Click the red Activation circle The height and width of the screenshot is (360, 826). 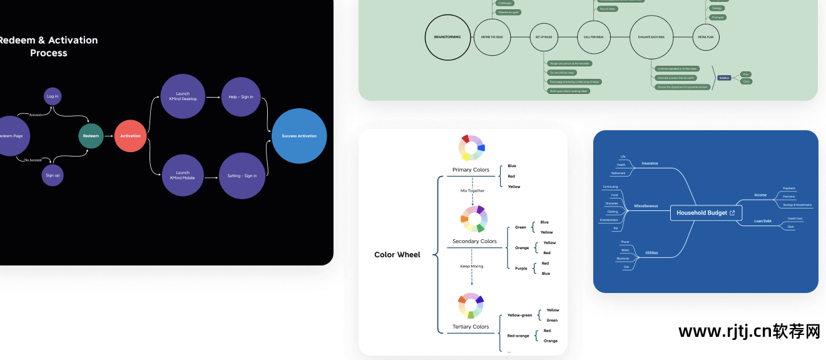point(130,136)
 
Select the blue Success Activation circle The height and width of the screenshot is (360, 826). point(299,136)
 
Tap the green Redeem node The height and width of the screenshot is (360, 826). point(91,136)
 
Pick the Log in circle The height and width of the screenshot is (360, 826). point(53,96)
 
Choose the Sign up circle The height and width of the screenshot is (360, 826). point(53,175)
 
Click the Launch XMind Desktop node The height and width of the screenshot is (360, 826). point(183,96)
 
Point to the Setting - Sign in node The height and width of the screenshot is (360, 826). point(242,176)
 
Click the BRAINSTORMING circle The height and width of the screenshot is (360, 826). point(447,37)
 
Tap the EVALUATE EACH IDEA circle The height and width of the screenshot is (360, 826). point(651,37)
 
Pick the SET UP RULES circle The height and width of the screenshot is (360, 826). point(543,37)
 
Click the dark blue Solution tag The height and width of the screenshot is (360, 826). point(724,78)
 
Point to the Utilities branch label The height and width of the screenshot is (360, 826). point(651,253)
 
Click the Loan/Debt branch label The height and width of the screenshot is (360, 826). point(763,221)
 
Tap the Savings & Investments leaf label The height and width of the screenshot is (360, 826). point(797,205)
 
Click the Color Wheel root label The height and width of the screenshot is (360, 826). point(397,255)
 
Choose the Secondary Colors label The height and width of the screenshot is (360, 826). point(474,241)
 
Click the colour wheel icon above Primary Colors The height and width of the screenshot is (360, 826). point(471,148)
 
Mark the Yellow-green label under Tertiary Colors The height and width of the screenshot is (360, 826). point(519,315)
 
